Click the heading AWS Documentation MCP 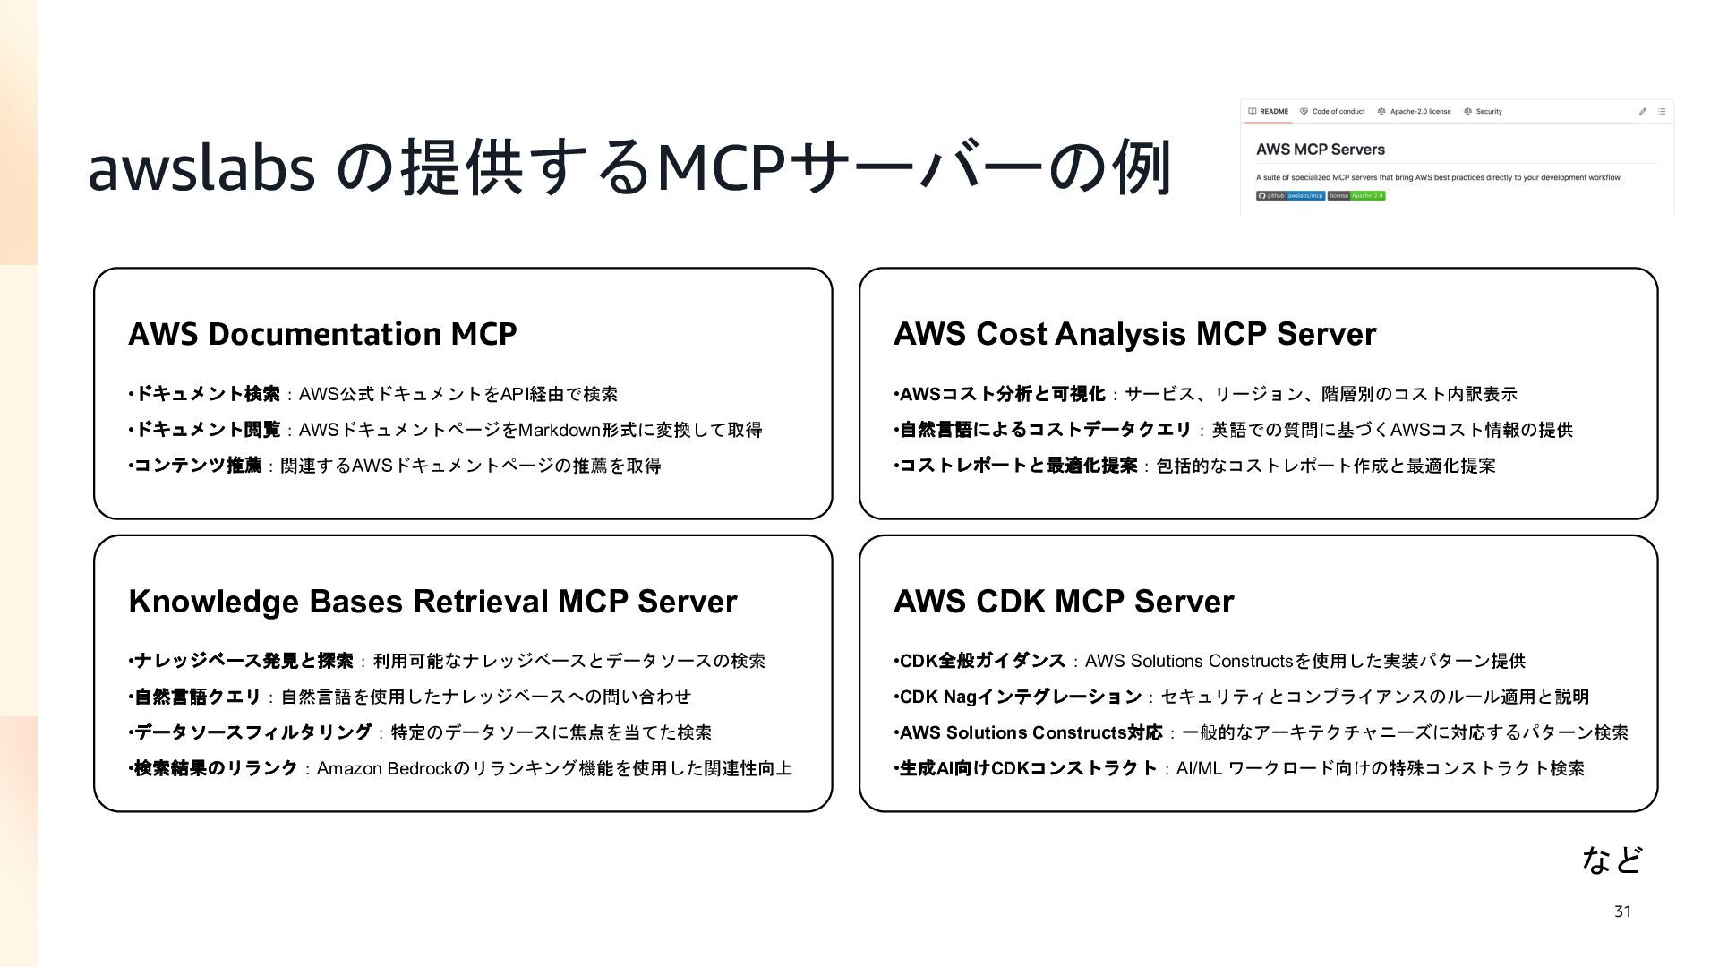click(322, 334)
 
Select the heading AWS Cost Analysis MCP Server click(1134, 334)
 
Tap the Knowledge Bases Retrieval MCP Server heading click(432, 602)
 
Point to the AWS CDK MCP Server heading click(1064, 602)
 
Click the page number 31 click(1622, 911)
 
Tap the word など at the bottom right click(1612, 860)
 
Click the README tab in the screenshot click(1269, 112)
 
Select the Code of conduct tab click(1333, 112)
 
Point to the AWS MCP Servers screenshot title click(1320, 150)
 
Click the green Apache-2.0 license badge click(1367, 195)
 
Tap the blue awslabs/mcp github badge click(1305, 195)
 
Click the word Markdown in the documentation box click(560, 431)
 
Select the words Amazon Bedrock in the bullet click(385, 769)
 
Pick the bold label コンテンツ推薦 click(198, 466)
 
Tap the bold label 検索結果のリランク click(216, 768)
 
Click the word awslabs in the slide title click(201, 168)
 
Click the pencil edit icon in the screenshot click(1643, 112)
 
